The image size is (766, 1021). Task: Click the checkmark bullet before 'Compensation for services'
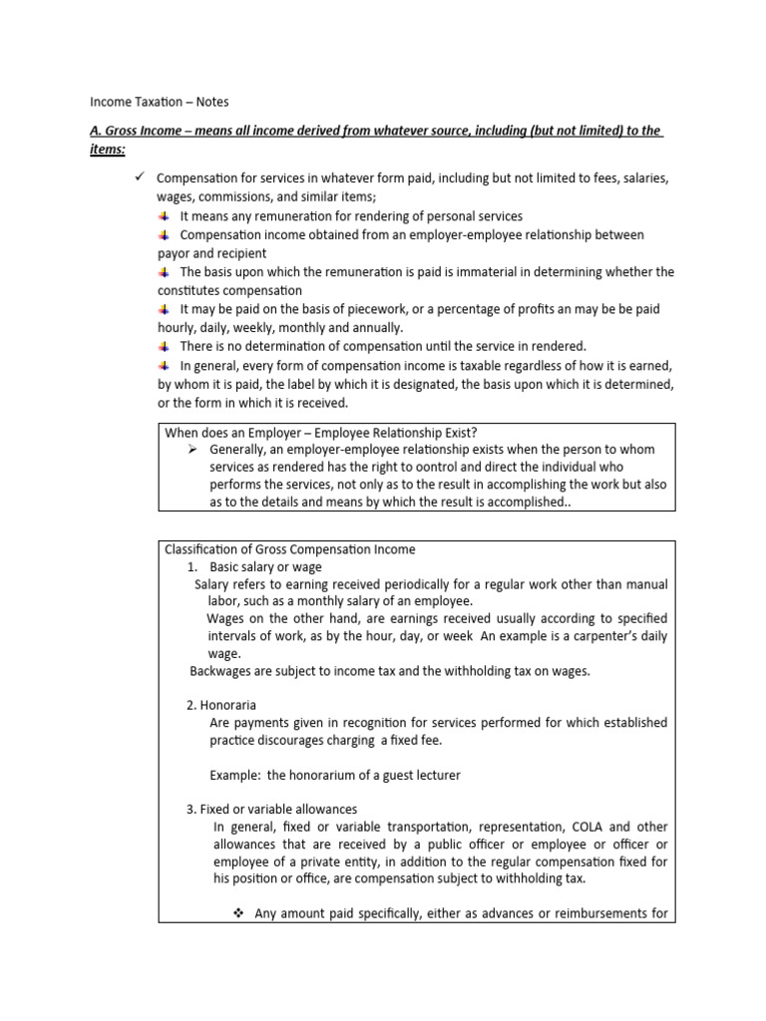coord(141,176)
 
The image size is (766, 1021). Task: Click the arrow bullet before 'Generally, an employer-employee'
coord(194,449)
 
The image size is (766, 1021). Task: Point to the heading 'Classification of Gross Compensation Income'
coord(289,549)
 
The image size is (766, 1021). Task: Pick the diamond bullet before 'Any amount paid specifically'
coord(238,912)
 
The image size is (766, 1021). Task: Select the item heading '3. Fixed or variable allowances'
coord(272,809)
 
